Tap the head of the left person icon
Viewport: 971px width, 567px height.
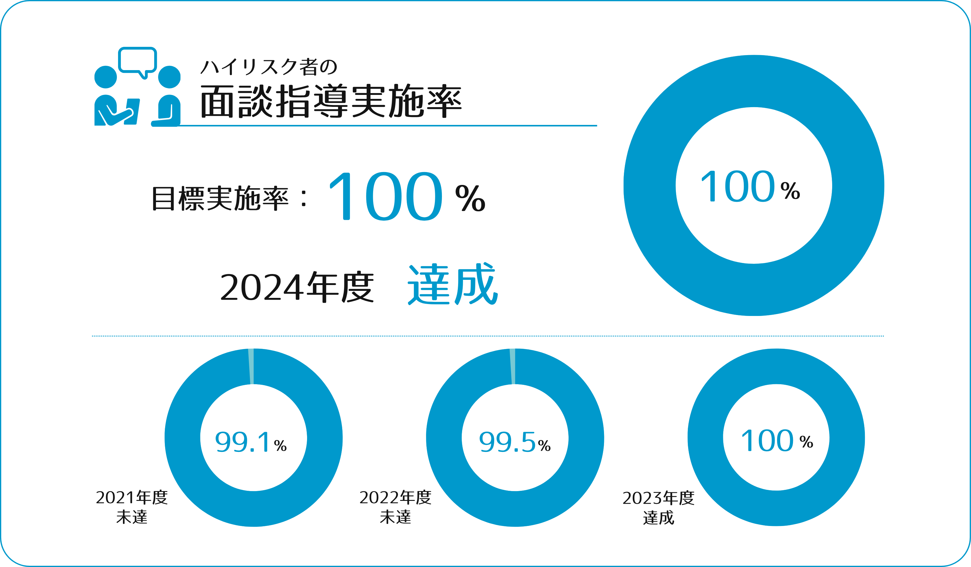pyautogui.click(x=106, y=77)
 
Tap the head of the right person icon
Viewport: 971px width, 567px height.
pyautogui.click(x=169, y=77)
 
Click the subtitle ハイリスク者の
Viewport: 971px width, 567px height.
pyautogui.click(x=269, y=67)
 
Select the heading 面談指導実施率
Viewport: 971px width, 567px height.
pyautogui.click(x=331, y=101)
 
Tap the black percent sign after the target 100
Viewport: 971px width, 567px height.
pyautogui.click(x=470, y=198)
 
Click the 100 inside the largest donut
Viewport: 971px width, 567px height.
pyautogui.click(x=737, y=186)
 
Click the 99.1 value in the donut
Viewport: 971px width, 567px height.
pyautogui.click(x=243, y=442)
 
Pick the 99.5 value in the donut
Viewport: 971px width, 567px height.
pyautogui.click(x=507, y=442)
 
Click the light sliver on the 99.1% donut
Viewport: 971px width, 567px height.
pyautogui.click(x=251, y=366)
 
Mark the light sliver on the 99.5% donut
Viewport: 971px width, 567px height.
pyautogui.click(x=513, y=366)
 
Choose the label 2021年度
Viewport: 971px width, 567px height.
pyautogui.click(x=132, y=498)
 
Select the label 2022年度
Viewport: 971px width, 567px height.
pyautogui.click(x=395, y=498)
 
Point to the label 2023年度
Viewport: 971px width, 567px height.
pyautogui.click(x=658, y=498)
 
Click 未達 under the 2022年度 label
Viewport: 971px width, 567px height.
pyautogui.click(x=395, y=517)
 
